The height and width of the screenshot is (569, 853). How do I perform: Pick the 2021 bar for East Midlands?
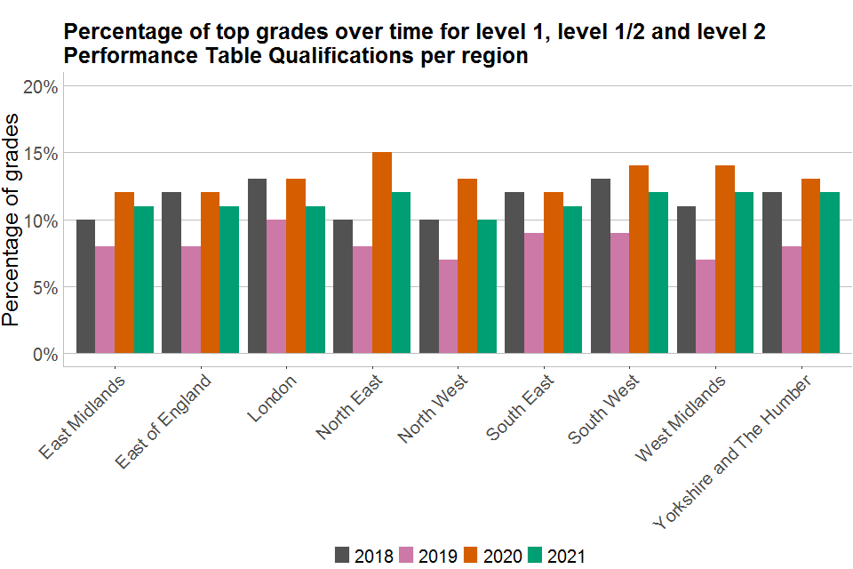click(x=143, y=280)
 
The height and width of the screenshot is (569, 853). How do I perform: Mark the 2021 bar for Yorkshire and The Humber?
click(x=830, y=273)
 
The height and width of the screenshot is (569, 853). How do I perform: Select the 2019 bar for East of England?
click(x=190, y=301)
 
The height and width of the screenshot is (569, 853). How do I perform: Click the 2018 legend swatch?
click(x=342, y=556)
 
